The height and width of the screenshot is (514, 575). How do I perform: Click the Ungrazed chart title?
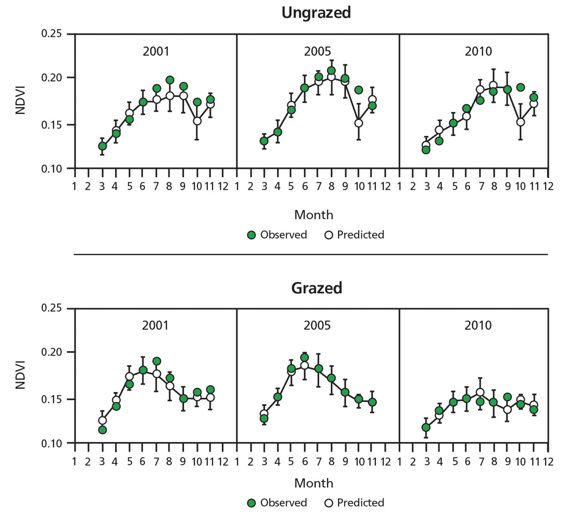(316, 13)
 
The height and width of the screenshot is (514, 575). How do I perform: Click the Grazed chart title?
(316, 288)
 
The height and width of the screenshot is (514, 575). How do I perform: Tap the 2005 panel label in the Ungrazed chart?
(317, 51)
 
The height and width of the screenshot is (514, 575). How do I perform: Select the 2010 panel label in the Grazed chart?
(478, 326)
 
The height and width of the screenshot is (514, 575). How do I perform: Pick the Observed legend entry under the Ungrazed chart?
(277, 235)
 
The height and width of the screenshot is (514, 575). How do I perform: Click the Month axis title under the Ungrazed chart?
(314, 215)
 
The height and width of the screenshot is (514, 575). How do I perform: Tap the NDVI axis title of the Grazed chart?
(21, 375)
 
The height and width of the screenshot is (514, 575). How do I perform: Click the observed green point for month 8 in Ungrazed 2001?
(170, 80)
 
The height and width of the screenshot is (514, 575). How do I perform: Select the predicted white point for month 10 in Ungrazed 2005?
(358, 123)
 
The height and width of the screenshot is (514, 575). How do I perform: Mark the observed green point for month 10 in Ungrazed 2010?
(520, 87)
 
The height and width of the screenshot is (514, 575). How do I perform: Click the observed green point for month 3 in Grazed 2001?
(102, 430)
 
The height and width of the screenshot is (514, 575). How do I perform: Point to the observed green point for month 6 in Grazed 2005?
(304, 358)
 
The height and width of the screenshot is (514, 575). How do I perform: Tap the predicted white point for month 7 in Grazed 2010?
(480, 392)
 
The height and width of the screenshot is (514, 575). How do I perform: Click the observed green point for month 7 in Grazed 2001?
(157, 361)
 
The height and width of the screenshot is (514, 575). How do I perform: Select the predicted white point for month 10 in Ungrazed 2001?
(197, 121)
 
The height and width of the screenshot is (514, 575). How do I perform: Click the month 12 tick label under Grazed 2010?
(548, 462)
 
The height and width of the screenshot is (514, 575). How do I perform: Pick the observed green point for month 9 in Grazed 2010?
(507, 397)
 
